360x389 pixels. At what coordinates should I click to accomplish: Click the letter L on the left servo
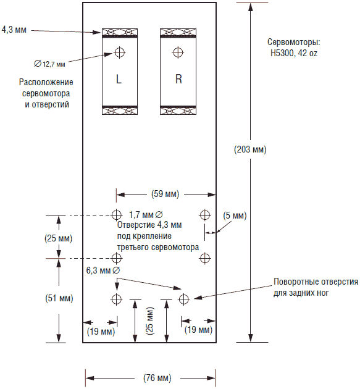point(119,79)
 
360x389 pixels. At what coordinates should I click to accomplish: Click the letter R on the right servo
point(178,79)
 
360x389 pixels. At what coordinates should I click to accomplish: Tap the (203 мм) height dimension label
point(250,149)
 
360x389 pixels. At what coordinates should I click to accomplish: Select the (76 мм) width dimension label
point(157,378)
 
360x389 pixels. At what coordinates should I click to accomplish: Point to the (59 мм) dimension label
point(165,194)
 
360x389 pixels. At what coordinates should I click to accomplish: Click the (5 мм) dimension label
point(235,215)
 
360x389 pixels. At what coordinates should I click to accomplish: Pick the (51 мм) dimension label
point(59,298)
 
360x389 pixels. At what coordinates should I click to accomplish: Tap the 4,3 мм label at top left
point(14,30)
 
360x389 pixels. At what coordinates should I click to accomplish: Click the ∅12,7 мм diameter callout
point(49,64)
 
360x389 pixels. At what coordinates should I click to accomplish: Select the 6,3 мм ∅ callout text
point(103,270)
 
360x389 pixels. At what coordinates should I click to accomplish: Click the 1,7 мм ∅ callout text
point(146,215)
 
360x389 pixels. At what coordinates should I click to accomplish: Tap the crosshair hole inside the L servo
point(120,52)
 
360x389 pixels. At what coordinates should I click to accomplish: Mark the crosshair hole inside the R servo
point(178,52)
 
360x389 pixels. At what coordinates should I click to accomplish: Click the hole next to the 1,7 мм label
point(116,215)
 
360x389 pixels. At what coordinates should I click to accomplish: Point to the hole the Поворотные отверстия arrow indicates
point(183,299)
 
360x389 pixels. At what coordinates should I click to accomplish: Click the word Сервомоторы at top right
point(294,42)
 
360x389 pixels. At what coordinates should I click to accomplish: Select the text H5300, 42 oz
point(294,53)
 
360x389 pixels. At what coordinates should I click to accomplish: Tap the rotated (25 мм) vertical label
point(151,321)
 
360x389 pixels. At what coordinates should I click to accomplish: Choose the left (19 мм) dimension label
point(101,332)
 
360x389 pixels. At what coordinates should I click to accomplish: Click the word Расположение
point(46,82)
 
